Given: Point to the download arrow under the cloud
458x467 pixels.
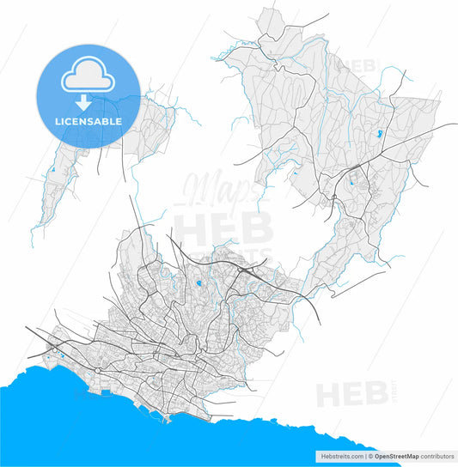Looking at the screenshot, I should (83, 102).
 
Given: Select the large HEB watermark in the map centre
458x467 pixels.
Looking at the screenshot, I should (223, 229).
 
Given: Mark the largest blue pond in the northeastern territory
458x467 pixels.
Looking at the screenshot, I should (379, 134).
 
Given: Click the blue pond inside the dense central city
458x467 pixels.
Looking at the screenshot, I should (199, 282).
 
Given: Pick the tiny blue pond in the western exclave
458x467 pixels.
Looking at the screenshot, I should (52, 170).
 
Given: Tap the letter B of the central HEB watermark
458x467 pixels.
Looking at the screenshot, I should (257, 229).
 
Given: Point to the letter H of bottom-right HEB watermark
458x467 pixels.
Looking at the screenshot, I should (327, 395).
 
